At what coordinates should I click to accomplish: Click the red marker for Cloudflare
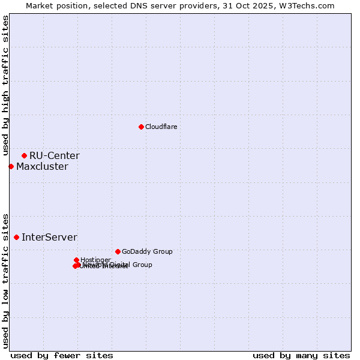pos(141,127)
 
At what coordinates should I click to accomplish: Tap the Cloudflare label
pos(161,127)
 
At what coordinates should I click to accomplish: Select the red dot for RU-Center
pos(24,155)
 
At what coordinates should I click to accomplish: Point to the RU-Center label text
pos(54,156)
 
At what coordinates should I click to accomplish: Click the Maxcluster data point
pos(11,166)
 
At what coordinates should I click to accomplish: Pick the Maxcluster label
pos(42,167)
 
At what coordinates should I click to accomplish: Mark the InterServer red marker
pos(16,237)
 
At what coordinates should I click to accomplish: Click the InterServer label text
pos(49,238)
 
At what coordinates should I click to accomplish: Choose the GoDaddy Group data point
pos(118,251)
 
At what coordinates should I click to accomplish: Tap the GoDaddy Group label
pos(147,251)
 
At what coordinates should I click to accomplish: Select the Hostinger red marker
pos(77,260)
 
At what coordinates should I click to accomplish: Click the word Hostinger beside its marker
pos(95,260)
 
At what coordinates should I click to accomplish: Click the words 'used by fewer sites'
pos(62,355)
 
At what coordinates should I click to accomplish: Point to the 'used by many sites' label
pos(301,355)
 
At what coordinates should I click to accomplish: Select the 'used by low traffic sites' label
pos(6,280)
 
